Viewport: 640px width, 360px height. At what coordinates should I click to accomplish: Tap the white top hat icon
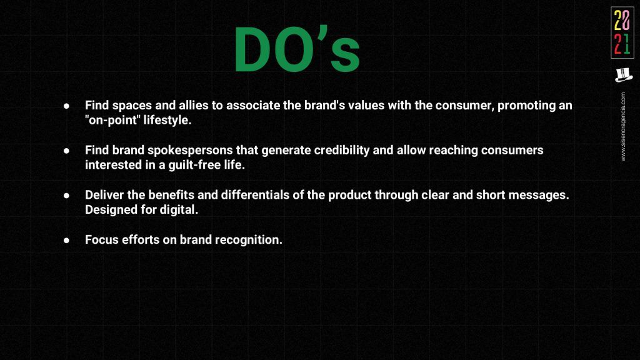tap(623, 75)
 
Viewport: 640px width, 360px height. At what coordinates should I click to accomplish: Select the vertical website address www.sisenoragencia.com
tap(623, 126)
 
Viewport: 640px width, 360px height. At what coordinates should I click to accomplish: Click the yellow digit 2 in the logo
tap(618, 21)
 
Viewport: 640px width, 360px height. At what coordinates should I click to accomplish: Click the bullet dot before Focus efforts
tap(66, 241)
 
